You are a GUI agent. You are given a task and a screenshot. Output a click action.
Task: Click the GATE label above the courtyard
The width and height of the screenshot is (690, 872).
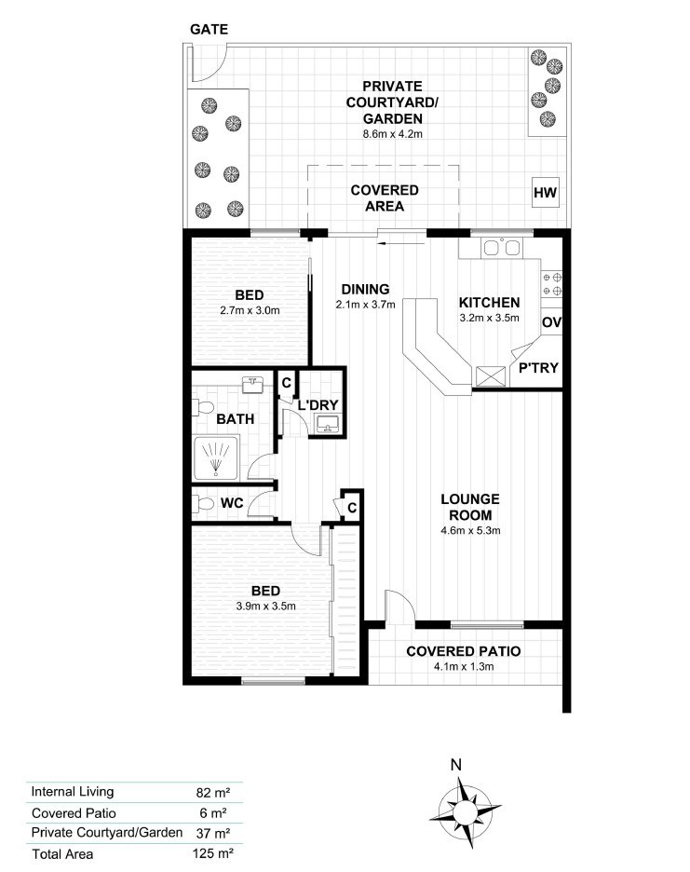coord(210,30)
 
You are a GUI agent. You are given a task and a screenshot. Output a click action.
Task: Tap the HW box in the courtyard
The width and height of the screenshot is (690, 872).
coord(545,193)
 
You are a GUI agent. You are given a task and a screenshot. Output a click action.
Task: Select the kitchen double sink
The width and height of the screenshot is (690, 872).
coord(502,247)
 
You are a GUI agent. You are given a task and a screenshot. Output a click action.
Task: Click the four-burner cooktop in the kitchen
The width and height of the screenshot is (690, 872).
coord(552,283)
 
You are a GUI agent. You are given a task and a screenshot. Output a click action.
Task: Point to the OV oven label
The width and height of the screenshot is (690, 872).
coord(551,322)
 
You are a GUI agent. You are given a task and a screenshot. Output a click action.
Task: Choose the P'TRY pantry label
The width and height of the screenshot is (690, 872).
coord(538,368)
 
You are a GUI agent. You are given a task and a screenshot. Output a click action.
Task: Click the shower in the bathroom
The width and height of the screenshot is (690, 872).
coord(216,458)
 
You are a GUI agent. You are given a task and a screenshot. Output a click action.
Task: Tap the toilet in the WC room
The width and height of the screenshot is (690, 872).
coord(203,504)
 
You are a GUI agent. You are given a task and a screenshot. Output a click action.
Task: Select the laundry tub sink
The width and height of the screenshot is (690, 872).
coord(328,424)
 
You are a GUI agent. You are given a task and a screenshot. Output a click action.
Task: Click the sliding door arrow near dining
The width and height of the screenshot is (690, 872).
coord(401,242)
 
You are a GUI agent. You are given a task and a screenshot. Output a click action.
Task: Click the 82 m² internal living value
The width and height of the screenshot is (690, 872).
coord(213,793)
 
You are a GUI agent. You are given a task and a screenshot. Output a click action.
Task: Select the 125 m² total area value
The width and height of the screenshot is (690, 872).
coord(212,853)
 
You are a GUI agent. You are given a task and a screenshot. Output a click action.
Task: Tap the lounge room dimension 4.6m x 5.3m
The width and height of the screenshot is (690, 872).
coord(470,530)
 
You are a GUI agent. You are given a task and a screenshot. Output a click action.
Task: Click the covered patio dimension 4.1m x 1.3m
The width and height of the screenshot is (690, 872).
coord(464,666)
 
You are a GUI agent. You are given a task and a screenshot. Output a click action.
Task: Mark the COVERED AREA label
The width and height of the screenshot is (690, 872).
coord(385,198)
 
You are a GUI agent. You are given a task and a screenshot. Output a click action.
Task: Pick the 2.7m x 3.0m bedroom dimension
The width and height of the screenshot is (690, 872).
coord(250,310)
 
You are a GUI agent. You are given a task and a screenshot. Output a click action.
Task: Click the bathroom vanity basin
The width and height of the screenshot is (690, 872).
coord(254,385)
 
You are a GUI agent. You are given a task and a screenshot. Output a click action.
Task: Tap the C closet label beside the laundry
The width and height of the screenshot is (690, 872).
coord(287,383)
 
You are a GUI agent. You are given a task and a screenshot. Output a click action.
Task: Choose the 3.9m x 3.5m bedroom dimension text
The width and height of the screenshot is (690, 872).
coord(265,606)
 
